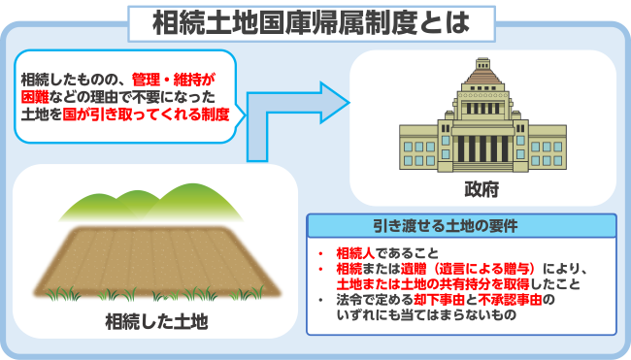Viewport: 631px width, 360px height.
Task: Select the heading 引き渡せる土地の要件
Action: pos(461,226)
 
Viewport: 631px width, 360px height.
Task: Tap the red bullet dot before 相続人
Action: pos(320,251)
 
